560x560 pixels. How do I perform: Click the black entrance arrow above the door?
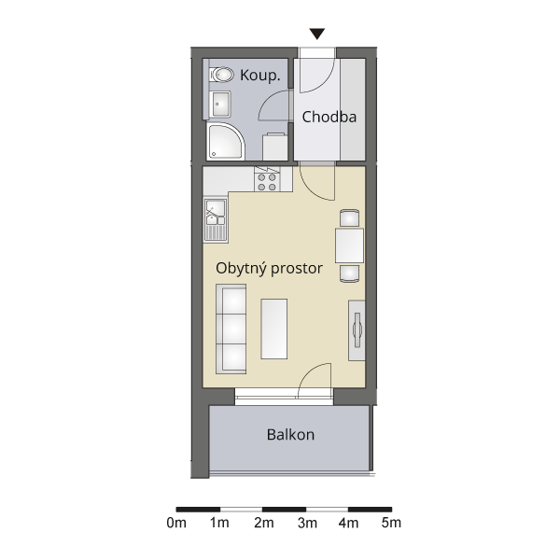click(x=316, y=34)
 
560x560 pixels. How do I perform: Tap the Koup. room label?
click(x=260, y=76)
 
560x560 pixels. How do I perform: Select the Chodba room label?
click(x=329, y=118)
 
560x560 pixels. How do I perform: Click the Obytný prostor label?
click(x=269, y=269)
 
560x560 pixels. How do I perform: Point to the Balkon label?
click(x=290, y=435)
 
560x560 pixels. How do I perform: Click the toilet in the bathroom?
click(x=222, y=75)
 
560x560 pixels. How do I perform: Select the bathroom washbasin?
click(x=220, y=104)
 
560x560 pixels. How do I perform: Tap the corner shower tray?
click(x=225, y=142)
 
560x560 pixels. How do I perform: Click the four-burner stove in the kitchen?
click(x=267, y=182)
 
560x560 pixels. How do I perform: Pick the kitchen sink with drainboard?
click(x=216, y=220)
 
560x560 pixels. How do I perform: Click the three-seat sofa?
click(x=231, y=329)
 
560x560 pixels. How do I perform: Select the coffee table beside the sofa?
click(x=274, y=329)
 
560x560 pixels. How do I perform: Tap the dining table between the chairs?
click(x=349, y=246)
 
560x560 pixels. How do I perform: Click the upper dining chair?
click(x=349, y=217)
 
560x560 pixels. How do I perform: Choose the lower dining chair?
click(x=349, y=273)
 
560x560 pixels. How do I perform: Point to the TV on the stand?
click(x=357, y=330)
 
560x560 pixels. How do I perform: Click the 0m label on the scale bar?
click(x=176, y=523)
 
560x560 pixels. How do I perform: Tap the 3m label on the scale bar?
click(x=307, y=523)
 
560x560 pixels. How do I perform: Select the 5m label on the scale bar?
click(x=391, y=523)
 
